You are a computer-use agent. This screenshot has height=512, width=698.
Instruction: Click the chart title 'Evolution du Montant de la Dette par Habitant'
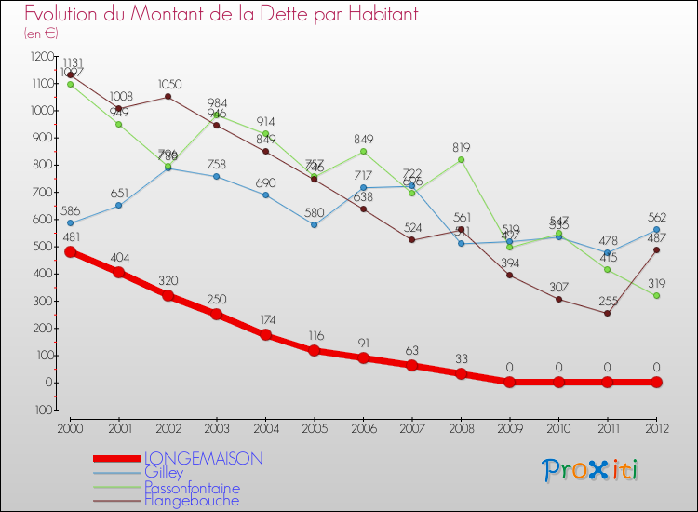tap(221, 14)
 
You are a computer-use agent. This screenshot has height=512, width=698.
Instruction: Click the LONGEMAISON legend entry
tap(203, 458)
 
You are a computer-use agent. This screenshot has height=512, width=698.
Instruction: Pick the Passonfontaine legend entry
tap(192, 488)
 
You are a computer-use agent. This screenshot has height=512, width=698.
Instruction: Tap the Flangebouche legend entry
tap(191, 501)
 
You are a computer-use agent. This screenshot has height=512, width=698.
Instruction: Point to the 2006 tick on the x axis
tap(364, 427)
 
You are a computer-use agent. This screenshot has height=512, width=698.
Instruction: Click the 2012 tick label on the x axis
tap(656, 427)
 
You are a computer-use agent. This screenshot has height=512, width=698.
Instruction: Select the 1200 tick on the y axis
tap(44, 57)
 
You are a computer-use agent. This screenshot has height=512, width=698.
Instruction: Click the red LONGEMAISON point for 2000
tap(71, 251)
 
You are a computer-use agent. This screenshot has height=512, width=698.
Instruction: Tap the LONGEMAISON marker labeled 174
tap(266, 335)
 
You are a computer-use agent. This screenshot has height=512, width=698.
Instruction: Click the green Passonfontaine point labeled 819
tap(462, 160)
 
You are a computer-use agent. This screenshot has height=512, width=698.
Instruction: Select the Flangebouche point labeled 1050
tap(168, 97)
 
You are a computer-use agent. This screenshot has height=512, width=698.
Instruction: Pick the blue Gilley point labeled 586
tap(71, 223)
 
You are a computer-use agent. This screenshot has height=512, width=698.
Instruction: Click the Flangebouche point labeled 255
tap(608, 313)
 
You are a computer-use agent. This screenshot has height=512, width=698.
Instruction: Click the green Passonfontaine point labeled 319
tap(657, 296)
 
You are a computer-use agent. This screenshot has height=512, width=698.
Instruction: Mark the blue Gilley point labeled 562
tap(657, 230)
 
